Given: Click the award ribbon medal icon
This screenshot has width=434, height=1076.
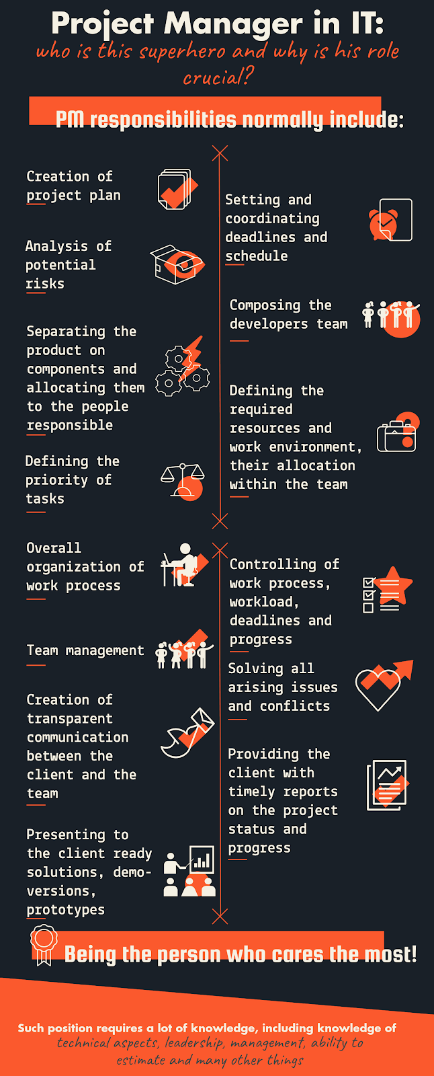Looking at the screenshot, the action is (x=44, y=943).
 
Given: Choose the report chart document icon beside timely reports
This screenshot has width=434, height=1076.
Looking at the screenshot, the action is (x=388, y=785).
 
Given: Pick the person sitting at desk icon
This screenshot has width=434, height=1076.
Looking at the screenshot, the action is (x=180, y=566).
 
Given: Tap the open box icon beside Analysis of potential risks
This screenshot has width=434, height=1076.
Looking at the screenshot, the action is (x=176, y=264).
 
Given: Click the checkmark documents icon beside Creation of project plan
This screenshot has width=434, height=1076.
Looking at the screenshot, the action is (x=176, y=190).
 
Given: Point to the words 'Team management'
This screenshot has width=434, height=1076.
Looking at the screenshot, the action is (x=85, y=650).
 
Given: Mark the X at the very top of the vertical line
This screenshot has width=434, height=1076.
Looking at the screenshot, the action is (x=220, y=153).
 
